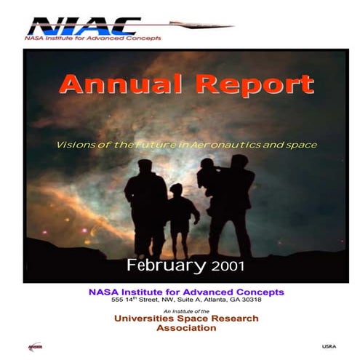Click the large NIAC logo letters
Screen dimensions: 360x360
click(80, 25)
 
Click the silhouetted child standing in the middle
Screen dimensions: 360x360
click(178, 211)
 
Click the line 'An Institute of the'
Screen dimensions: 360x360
click(186, 311)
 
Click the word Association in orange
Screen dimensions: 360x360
click(186, 328)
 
